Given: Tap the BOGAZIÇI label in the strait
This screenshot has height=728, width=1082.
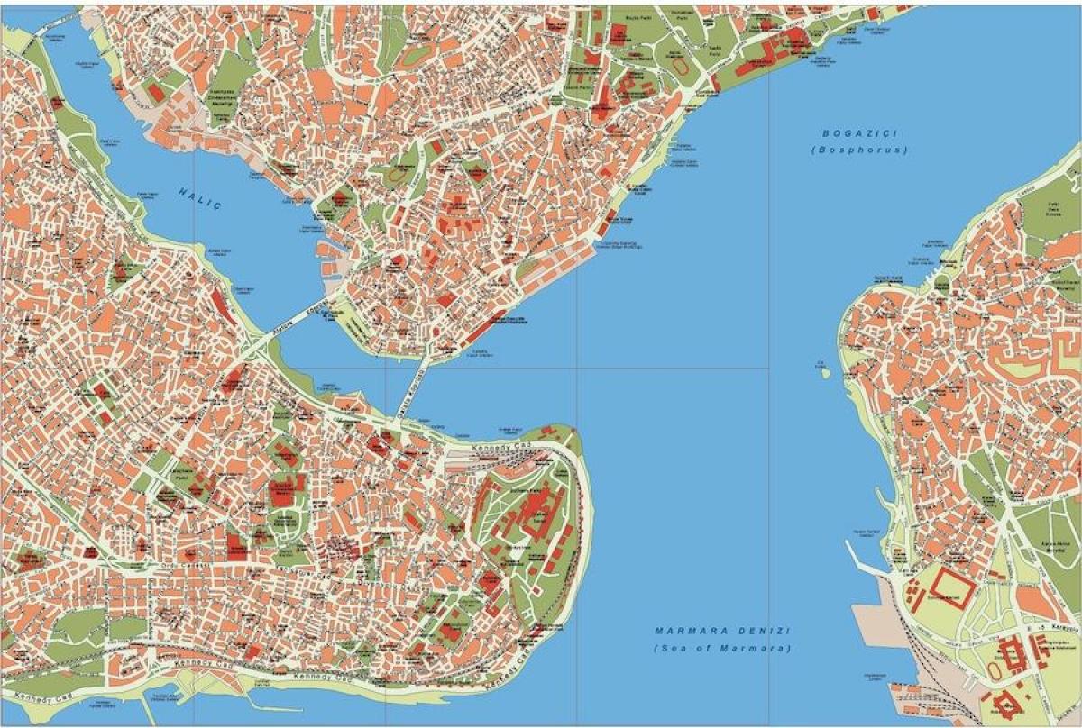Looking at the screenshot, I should click(x=860, y=133).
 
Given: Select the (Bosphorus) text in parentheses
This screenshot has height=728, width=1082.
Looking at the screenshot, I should click(x=860, y=150).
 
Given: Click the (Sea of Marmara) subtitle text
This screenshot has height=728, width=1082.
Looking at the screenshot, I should click(x=722, y=649).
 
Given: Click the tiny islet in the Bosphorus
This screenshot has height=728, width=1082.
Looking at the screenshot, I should click(x=821, y=366).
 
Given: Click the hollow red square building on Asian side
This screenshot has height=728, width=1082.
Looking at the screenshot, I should click(x=952, y=587).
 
